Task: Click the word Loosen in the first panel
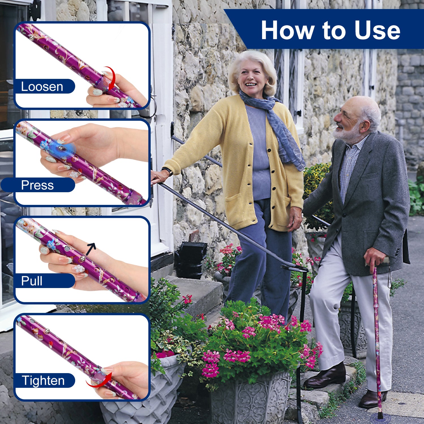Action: [x=42, y=86]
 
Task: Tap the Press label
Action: [x=37, y=185]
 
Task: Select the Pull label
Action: [x=32, y=281]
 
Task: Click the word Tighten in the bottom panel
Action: [x=43, y=380]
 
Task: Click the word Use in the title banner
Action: [x=377, y=30]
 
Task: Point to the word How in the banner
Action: [x=288, y=30]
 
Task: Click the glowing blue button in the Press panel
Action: [x=60, y=148]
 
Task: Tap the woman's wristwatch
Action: [x=168, y=171]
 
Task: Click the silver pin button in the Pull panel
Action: [x=82, y=258]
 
